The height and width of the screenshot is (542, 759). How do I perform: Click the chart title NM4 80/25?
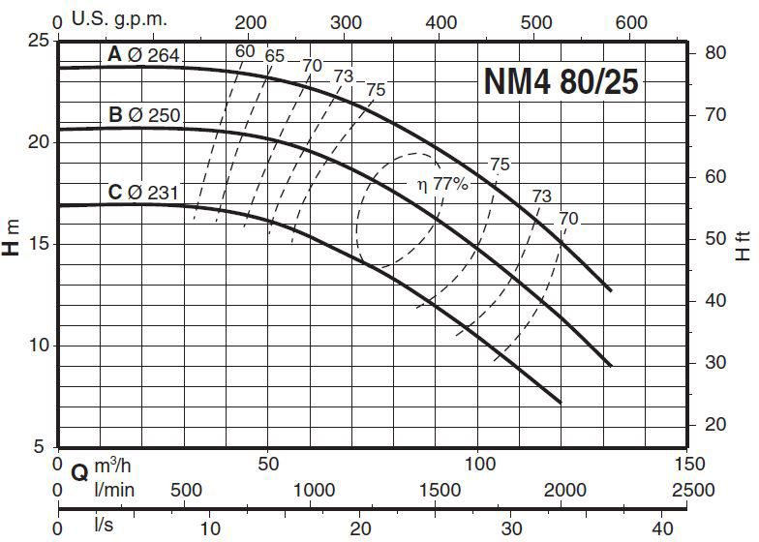pos(561,82)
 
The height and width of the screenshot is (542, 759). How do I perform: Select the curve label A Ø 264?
pos(143,56)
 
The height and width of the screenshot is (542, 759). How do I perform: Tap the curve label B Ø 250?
pos(144,116)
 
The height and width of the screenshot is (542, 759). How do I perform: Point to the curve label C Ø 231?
pos(143,192)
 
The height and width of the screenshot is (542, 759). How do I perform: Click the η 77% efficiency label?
pos(443,185)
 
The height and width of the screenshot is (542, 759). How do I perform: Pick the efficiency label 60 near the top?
pos(245,51)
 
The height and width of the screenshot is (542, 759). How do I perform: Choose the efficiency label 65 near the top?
pos(275,56)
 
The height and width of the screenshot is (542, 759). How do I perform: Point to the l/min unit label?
pos(114,489)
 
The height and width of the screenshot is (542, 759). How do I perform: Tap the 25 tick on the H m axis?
pos(37,42)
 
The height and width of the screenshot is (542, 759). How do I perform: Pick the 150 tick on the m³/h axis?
pos(688,465)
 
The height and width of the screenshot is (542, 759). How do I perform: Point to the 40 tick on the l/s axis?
pos(663,528)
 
